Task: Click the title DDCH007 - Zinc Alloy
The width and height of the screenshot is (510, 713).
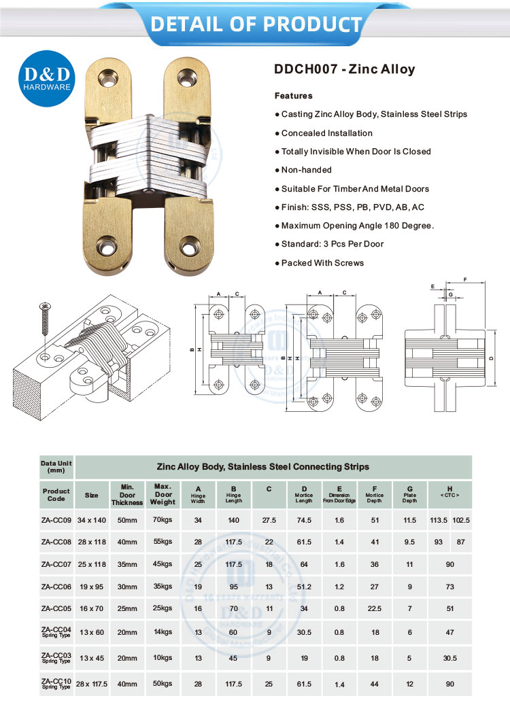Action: [x=344, y=69]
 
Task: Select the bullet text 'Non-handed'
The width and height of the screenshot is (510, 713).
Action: [x=306, y=170]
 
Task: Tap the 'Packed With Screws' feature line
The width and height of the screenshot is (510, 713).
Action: [x=322, y=263]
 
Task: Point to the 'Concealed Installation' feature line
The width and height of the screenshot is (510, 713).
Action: [x=326, y=133]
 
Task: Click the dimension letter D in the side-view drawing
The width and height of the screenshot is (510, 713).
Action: [x=490, y=358]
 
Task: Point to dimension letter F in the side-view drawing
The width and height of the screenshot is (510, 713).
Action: [x=464, y=279]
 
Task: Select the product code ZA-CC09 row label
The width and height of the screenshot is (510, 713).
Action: [x=56, y=520]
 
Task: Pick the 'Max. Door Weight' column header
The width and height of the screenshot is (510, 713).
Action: [x=163, y=495]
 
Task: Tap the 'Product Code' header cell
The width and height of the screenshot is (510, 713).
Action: [x=56, y=495]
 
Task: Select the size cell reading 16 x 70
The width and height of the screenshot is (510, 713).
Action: [x=92, y=610]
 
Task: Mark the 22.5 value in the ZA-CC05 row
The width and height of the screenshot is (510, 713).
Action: [x=374, y=610]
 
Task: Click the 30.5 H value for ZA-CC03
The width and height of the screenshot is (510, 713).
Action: [x=449, y=657]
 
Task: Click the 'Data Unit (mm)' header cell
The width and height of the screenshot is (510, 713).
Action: [x=56, y=466]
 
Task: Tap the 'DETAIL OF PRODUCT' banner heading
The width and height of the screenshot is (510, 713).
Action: [x=256, y=24]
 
